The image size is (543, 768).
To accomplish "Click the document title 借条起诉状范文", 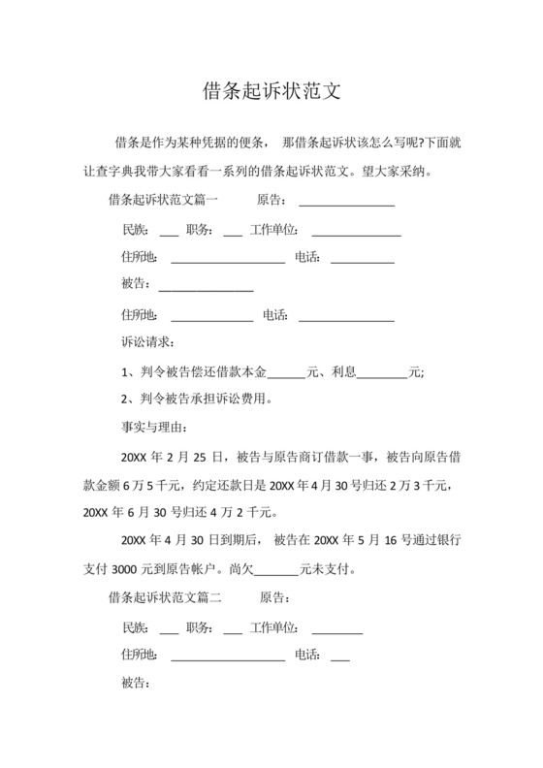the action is [271, 92].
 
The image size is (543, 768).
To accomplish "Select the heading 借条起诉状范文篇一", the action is [164, 201].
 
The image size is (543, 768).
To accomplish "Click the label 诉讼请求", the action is [147, 342].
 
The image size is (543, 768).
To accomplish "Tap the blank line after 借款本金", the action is [285, 371].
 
